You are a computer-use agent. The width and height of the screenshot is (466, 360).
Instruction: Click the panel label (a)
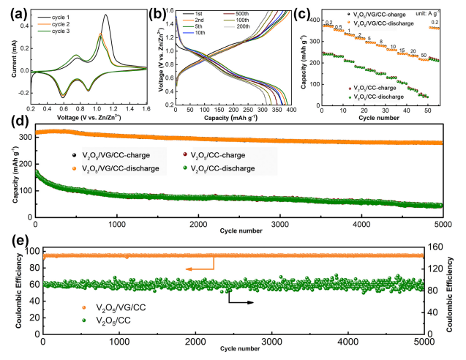[x=12, y=10]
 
